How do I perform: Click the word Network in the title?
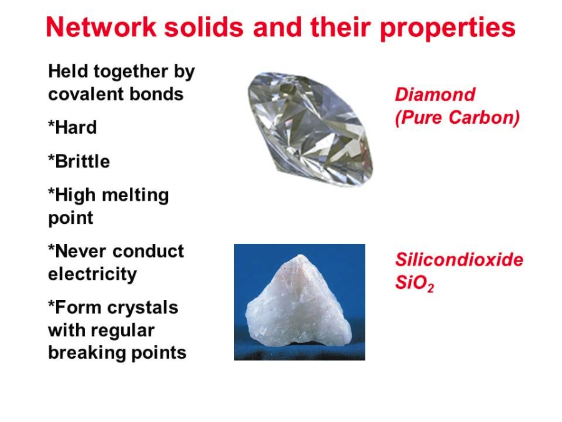tap(101, 27)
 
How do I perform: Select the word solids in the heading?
tap(204, 27)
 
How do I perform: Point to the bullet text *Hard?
tap(72, 127)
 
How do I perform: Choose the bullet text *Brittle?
tap(79, 161)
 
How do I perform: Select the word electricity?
tap(92, 274)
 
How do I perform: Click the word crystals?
tap(142, 308)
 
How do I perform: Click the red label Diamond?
tap(435, 94)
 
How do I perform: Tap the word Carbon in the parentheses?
tap(480, 118)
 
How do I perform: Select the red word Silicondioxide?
tap(459, 259)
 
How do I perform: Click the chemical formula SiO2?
tap(415, 283)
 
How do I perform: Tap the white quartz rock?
tap(298, 303)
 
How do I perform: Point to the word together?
tap(131, 72)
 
